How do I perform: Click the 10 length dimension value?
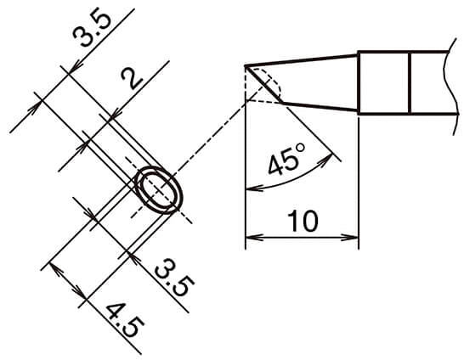(x=303, y=221)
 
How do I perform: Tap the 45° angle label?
(x=286, y=159)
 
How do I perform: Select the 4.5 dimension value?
(x=125, y=321)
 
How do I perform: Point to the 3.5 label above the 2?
(x=92, y=29)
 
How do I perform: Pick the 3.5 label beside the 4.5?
(x=174, y=278)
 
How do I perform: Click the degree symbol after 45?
(x=300, y=148)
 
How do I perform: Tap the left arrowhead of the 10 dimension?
(x=254, y=237)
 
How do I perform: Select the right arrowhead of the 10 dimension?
(x=350, y=237)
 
